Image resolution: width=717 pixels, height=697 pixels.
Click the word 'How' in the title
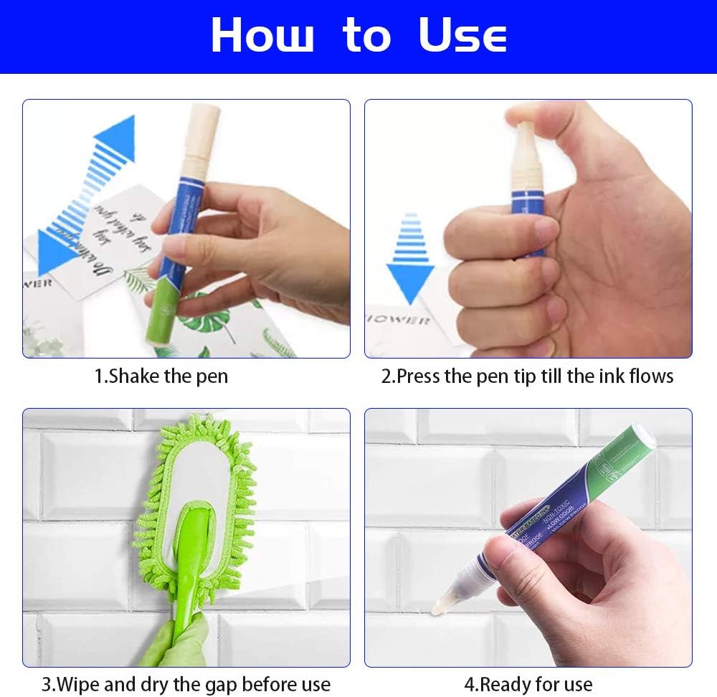[262, 35]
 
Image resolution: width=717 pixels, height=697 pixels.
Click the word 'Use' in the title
[462, 35]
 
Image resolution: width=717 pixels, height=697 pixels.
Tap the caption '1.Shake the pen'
[161, 376]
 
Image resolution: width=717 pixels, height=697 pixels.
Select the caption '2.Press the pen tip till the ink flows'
[527, 376]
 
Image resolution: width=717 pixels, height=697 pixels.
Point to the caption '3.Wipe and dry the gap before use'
[186, 684]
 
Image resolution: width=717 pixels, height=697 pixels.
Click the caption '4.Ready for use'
[528, 684]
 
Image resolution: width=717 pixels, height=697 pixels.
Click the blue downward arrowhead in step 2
[410, 283]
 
